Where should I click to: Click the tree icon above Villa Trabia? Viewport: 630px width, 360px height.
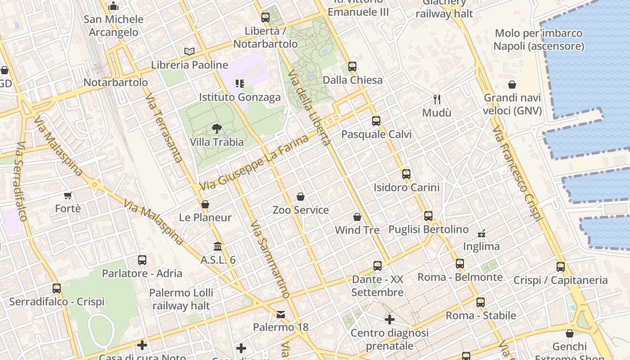point(217,129)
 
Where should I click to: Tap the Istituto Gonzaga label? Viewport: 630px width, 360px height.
point(240,97)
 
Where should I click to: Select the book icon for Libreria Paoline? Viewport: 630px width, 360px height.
point(189,52)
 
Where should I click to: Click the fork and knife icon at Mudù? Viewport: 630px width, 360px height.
point(436,99)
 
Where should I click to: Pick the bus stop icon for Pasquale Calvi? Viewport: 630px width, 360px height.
point(376,121)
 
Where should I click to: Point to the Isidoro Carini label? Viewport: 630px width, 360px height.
point(406,187)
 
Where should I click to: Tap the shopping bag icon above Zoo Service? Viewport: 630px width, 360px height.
point(301,197)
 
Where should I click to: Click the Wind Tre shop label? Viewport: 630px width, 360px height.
point(357,230)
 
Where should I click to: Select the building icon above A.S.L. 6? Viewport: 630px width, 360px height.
point(218,246)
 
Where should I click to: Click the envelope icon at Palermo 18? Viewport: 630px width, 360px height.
point(281,314)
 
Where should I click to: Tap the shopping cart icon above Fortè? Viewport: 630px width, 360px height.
point(68,195)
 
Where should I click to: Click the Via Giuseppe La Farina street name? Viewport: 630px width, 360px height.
point(255,162)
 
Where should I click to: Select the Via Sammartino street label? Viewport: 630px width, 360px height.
point(270,259)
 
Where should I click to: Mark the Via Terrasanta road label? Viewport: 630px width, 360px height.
point(164,128)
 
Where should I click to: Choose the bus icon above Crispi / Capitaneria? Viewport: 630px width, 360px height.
point(560,266)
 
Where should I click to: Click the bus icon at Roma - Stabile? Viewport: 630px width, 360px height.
point(481,302)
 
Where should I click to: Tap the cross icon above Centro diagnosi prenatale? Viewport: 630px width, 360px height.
point(390,319)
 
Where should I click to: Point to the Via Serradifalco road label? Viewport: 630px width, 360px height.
point(21,182)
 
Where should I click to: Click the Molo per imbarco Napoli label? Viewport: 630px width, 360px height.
point(539,40)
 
